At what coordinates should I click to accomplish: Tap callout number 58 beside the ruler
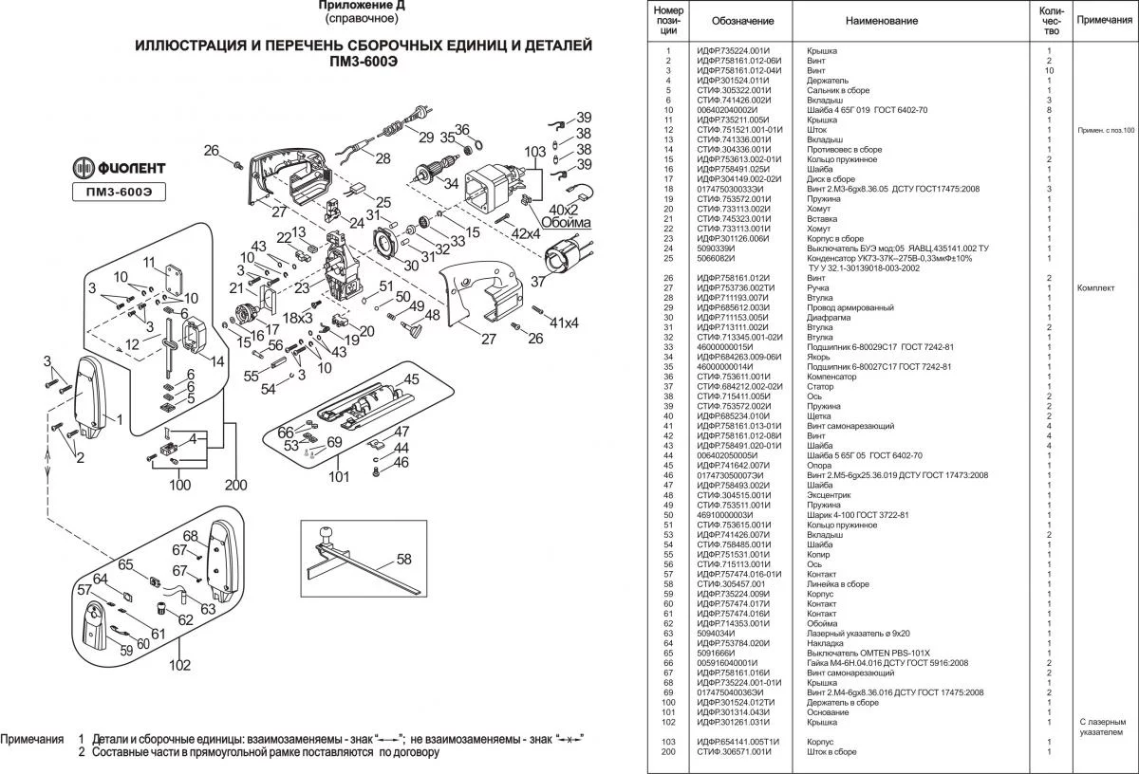(x=404, y=559)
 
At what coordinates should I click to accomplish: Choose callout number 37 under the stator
(x=536, y=281)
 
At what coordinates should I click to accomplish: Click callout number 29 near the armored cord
(x=425, y=136)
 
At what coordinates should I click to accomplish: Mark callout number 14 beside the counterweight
(x=217, y=360)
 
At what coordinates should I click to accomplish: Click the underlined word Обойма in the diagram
(x=566, y=223)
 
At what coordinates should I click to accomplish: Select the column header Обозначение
(x=735, y=21)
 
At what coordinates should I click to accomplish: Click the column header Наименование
(x=882, y=21)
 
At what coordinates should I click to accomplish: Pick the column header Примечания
(x=1104, y=20)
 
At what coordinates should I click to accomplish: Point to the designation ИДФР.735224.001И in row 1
(x=733, y=50)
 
